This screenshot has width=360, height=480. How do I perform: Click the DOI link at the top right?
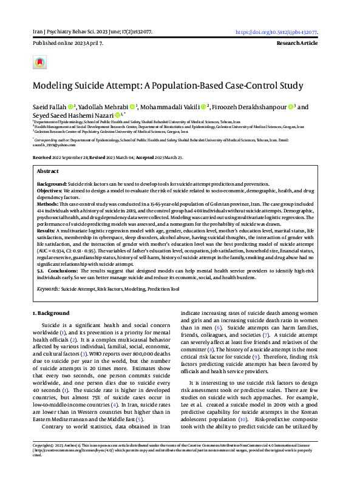277,32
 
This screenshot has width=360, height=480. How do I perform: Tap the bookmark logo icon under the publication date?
40,63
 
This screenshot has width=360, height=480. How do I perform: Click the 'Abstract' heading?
48,172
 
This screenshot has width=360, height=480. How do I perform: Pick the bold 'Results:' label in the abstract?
46,231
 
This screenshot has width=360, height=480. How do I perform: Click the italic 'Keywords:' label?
48,289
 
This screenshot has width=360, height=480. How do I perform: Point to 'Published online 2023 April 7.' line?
69,44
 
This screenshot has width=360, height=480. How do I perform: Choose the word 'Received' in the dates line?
44,157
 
